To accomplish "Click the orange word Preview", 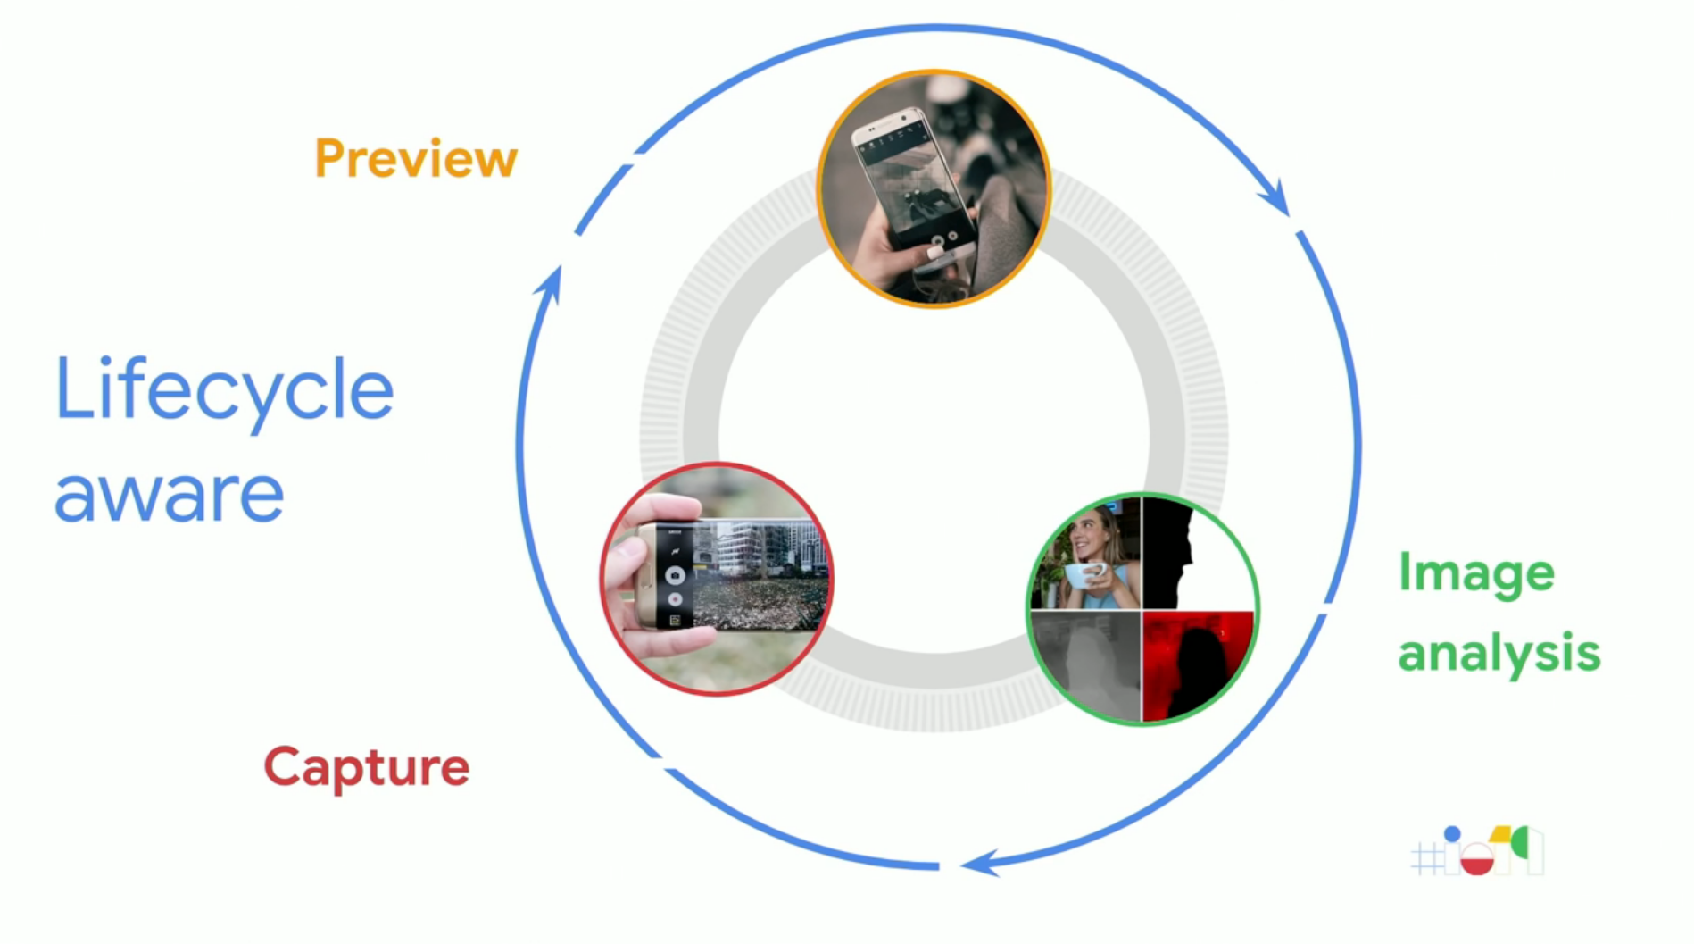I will [x=416, y=159].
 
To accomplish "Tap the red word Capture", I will [x=367, y=767].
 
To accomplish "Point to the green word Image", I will [x=1476, y=573].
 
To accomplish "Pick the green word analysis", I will [x=1499, y=653].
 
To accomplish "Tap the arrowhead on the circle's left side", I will [x=550, y=284].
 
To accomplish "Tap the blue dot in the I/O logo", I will [x=1452, y=834].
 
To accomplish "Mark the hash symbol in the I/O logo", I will [x=1426, y=859].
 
